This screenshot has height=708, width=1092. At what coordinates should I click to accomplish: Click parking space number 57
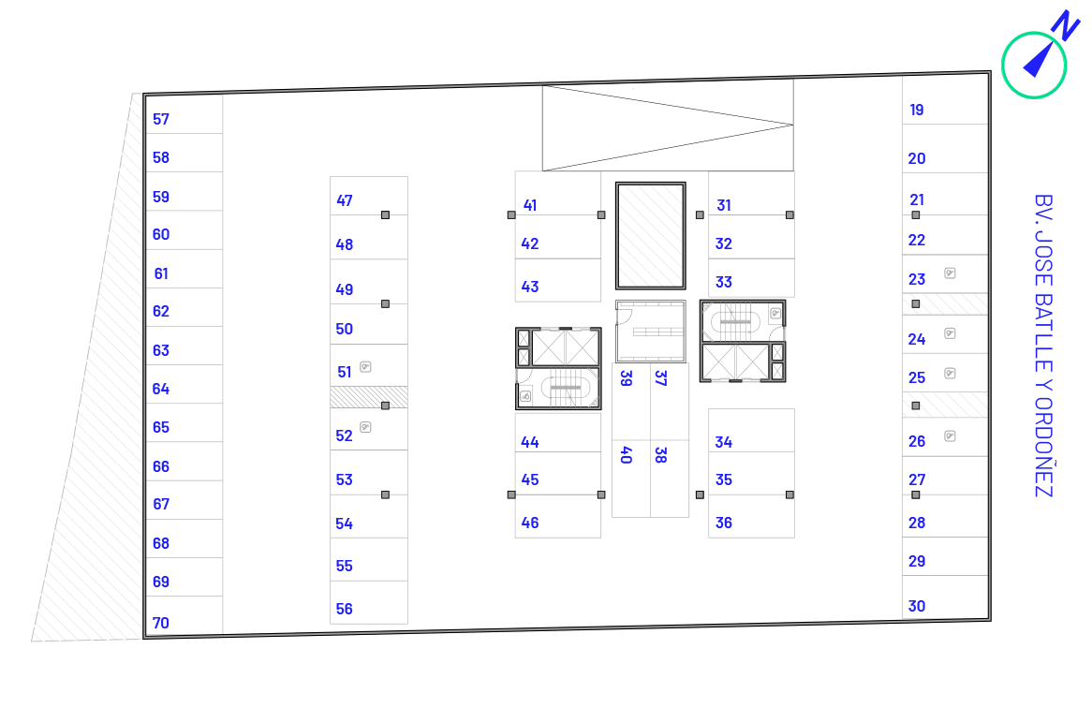point(184,114)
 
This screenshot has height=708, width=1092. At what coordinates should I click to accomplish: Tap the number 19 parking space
point(945,101)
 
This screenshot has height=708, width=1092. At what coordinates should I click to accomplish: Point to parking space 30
point(945,597)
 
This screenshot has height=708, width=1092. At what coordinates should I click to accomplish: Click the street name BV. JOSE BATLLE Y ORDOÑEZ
point(1043,346)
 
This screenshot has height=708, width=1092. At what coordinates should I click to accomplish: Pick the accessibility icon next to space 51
point(365,367)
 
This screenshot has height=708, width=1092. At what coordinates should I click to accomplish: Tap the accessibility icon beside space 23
point(950,273)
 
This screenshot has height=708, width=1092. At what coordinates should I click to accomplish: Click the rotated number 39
point(627,378)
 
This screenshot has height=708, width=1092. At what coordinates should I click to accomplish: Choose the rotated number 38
point(661,455)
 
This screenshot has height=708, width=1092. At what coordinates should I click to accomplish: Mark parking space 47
point(369,196)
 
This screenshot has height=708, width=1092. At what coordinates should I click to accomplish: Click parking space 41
point(558,193)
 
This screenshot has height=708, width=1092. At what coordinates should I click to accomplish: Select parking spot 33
point(751,278)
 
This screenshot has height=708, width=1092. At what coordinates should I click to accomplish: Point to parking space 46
point(558,517)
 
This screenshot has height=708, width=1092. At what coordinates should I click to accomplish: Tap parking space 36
point(751,517)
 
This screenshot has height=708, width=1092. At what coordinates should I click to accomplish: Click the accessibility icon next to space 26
point(950,435)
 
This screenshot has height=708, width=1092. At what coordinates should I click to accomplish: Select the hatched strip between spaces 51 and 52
point(369,397)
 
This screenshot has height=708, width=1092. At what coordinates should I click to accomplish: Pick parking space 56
point(369,603)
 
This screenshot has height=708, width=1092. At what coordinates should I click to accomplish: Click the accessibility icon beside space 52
point(365,427)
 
